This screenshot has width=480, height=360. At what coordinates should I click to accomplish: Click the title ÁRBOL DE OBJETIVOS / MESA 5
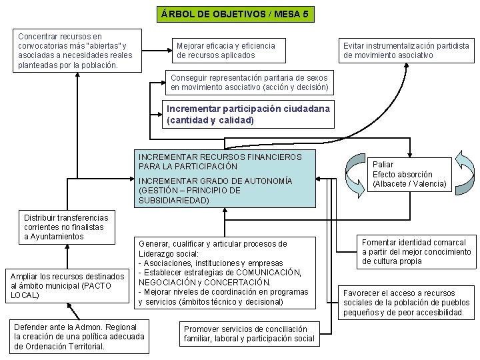[235, 13]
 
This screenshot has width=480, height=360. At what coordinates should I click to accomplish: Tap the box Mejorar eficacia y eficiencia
[225, 51]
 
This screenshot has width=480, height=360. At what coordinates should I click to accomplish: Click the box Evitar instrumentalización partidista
[406, 51]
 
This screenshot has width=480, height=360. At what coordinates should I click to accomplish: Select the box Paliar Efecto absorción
[409, 174]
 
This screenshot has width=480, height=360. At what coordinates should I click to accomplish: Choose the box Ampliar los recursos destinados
[67, 285]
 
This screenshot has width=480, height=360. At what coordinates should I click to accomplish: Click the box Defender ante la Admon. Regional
[79, 337]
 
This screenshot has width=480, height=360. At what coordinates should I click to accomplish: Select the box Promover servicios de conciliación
[249, 334]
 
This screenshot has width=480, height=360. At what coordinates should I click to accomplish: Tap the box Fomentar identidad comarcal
[416, 252]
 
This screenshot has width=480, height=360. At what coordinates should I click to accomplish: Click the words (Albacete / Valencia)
[409, 184]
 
